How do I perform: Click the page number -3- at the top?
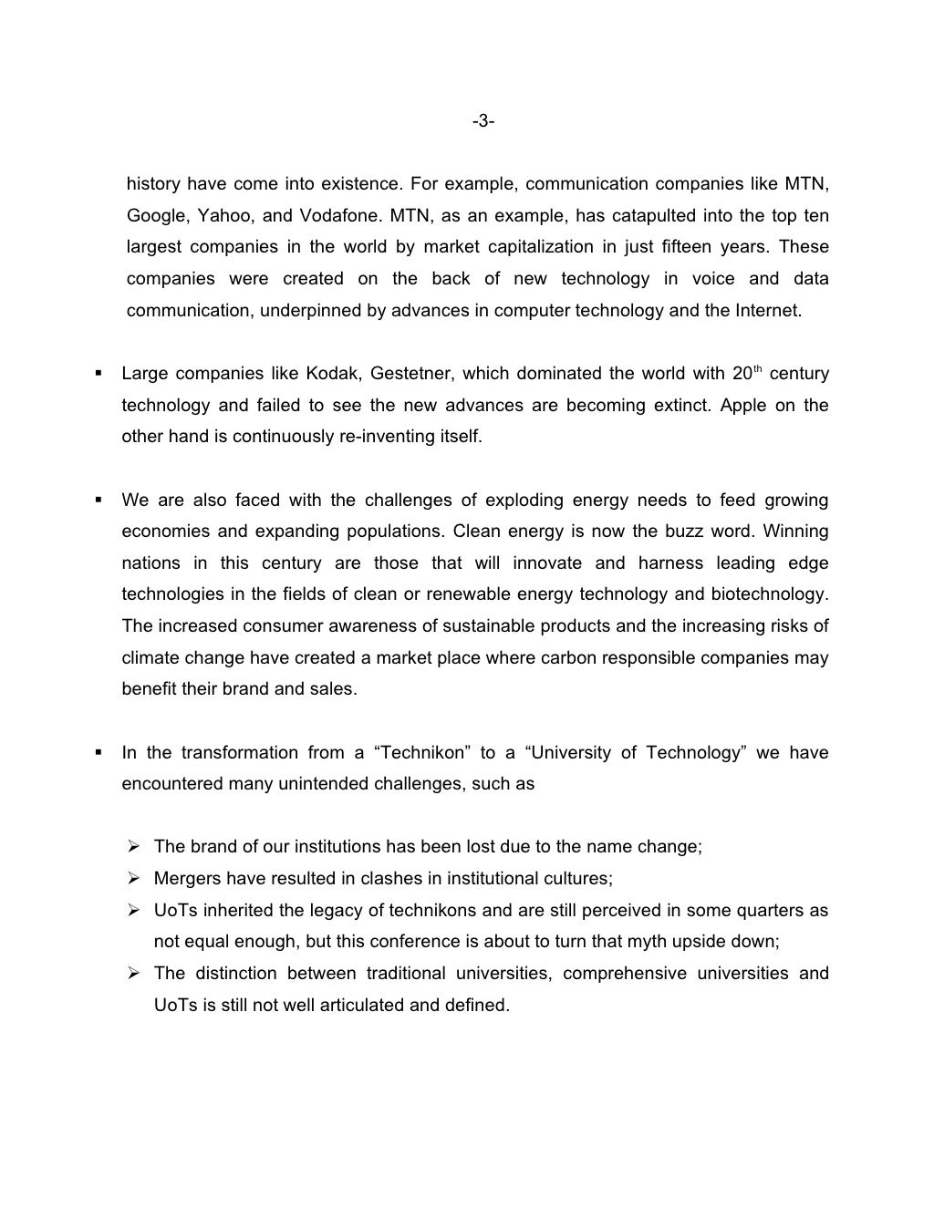coord(483,121)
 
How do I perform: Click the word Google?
coord(153,216)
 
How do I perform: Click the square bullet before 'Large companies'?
coord(97,374)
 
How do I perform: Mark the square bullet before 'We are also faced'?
coord(97,501)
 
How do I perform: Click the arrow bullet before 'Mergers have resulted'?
coord(133,879)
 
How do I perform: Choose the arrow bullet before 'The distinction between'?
coord(133,974)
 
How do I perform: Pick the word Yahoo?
coord(222,216)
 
